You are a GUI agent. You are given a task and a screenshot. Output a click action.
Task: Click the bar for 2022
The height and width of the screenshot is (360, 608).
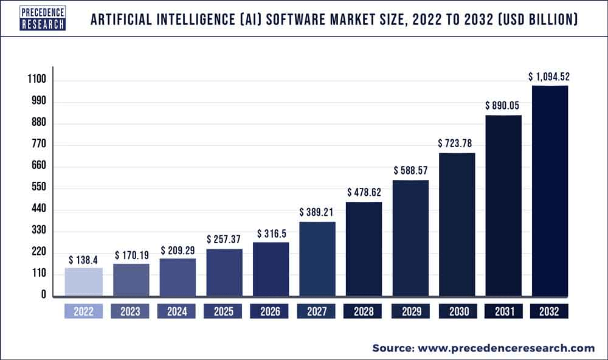(x=83, y=282)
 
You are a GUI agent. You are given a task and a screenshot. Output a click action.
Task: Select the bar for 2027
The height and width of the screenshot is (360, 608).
(x=317, y=260)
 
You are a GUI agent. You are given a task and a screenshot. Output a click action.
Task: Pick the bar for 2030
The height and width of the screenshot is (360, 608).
(x=457, y=225)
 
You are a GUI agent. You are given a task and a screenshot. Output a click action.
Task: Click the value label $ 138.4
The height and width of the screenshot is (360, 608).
(x=83, y=259)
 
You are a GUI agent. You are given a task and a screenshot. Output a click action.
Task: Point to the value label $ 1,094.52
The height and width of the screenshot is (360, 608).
(x=549, y=77)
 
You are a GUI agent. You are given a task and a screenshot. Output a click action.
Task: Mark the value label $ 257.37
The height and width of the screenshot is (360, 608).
(x=224, y=240)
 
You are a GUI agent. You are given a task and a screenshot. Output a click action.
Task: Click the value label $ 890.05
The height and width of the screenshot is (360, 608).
(x=502, y=105)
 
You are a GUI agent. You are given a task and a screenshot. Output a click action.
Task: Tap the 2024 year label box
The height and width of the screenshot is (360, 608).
(x=176, y=311)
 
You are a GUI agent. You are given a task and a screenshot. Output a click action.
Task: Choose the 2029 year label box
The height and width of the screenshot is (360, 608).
(x=410, y=311)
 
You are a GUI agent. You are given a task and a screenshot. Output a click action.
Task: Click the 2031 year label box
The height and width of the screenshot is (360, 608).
(x=503, y=311)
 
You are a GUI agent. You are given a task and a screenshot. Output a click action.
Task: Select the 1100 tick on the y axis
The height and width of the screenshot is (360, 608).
(x=36, y=80)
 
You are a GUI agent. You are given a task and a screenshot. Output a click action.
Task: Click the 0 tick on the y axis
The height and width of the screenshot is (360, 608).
(x=43, y=295)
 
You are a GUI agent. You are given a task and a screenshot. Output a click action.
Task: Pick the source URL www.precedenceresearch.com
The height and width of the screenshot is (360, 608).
(x=504, y=348)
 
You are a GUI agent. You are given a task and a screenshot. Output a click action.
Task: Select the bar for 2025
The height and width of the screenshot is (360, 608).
(x=224, y=273)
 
